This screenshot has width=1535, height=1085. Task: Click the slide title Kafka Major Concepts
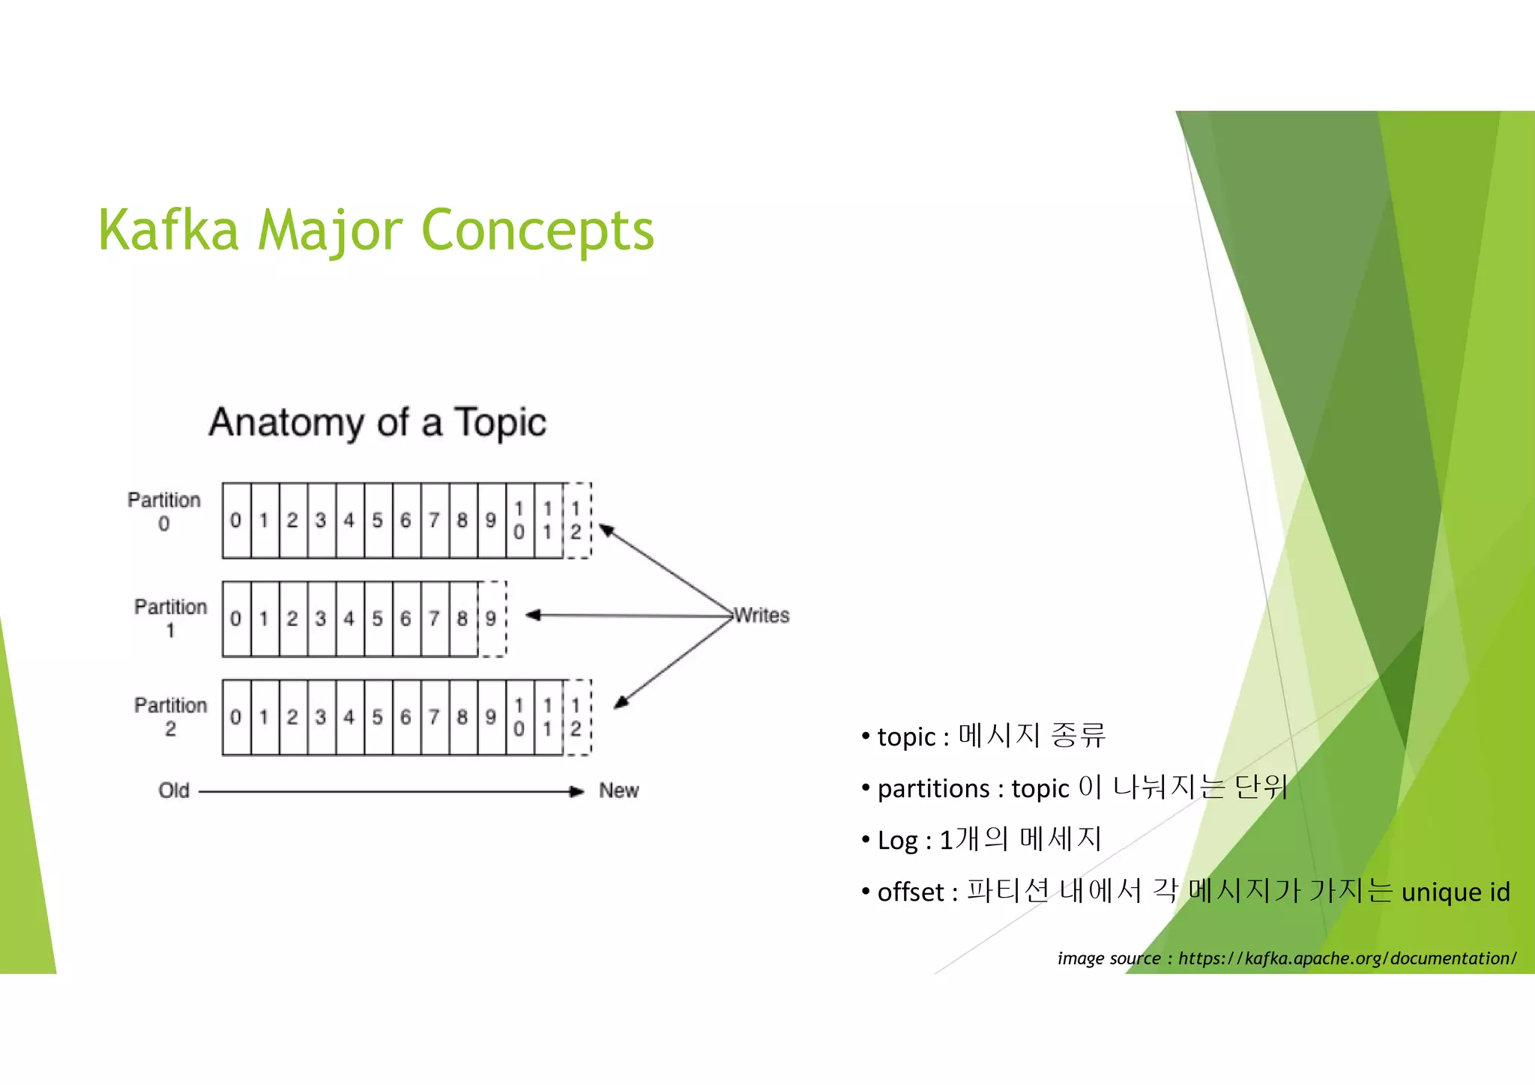pos(376,230)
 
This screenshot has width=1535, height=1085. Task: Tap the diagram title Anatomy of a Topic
pos(378,422)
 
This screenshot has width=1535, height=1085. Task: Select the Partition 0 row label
pos(164,511)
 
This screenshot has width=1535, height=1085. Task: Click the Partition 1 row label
pos(170,617)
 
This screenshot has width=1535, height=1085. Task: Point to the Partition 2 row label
pos(170,716)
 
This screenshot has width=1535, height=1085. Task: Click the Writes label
pos(762,615)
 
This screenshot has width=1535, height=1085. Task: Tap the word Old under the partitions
pos(174,791)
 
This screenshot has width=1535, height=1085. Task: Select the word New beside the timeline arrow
pos(618,791)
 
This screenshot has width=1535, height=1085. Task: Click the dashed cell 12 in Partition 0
pos(576,520)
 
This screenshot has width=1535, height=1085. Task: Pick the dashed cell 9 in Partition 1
pos(491,618)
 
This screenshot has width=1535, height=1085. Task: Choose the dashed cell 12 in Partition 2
pos(576,717)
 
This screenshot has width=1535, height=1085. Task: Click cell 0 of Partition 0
pos(236,520)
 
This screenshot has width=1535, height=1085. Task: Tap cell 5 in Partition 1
pos(378,618)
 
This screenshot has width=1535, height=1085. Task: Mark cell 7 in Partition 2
pos(434,717)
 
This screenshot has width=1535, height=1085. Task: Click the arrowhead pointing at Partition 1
pos(532,615)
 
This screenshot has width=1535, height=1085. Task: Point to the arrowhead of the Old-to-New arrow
pos(577,791)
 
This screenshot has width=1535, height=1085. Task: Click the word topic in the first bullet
pos(906,737)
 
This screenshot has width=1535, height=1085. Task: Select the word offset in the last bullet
pos(911,892)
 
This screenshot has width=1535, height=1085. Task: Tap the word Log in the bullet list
pos(897,841)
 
